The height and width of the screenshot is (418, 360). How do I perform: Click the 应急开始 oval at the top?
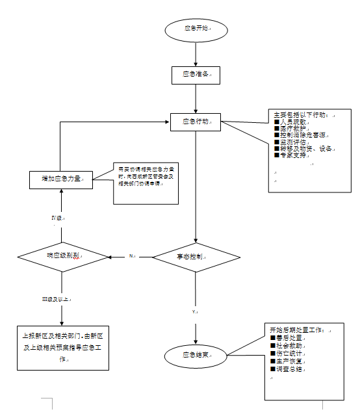click(x=196, y=29)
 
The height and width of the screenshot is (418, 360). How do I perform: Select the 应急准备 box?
click(x=196, y=75)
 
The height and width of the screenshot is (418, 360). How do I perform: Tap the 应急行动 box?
click(x=196, y=122)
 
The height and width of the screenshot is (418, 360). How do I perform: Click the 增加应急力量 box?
click(x=61, y=178)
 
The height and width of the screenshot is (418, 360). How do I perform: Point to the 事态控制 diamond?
click(x=196, y=257)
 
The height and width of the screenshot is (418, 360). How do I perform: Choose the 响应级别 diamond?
click(x=62, y=256)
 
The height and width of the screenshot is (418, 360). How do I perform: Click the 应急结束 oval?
click(x=196, y=356)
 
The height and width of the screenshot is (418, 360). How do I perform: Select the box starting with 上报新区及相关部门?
click(x=62, y=347)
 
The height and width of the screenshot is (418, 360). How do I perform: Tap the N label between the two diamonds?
click(x=131, y=256)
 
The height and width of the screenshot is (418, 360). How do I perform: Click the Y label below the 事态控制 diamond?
click(x=194, y=312)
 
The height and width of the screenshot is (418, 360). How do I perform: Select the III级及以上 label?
click(x=56, y=299)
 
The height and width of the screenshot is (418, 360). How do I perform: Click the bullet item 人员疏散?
click(x=291, y=122)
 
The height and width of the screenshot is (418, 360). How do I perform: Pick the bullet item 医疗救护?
click(x=291, y=128)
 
